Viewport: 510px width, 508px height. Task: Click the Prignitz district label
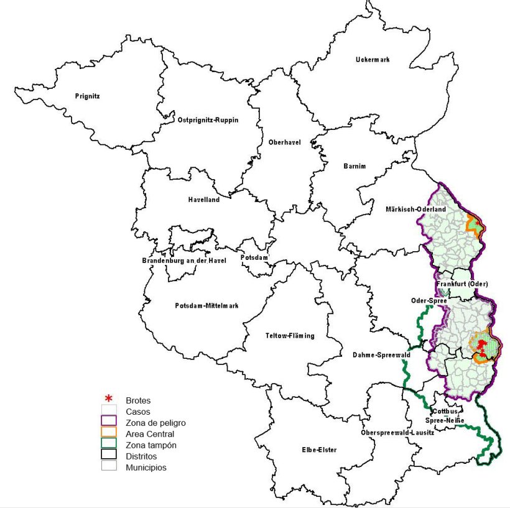87,96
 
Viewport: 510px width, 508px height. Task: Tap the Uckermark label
373,60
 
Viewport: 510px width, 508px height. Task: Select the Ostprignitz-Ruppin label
208,119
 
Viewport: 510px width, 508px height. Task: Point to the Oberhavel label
284,142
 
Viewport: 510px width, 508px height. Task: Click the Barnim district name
355,166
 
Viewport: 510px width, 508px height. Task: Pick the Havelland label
203,200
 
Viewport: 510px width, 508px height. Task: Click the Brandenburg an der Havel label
183,260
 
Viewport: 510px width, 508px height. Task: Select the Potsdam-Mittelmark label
206,305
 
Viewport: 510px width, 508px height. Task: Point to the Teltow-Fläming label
290,336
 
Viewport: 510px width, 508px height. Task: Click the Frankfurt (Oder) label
462,284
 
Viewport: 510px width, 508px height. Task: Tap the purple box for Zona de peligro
109,422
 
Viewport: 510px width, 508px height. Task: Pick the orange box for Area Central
109,433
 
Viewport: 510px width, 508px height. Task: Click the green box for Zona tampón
109,445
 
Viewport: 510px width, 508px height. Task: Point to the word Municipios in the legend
146,467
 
